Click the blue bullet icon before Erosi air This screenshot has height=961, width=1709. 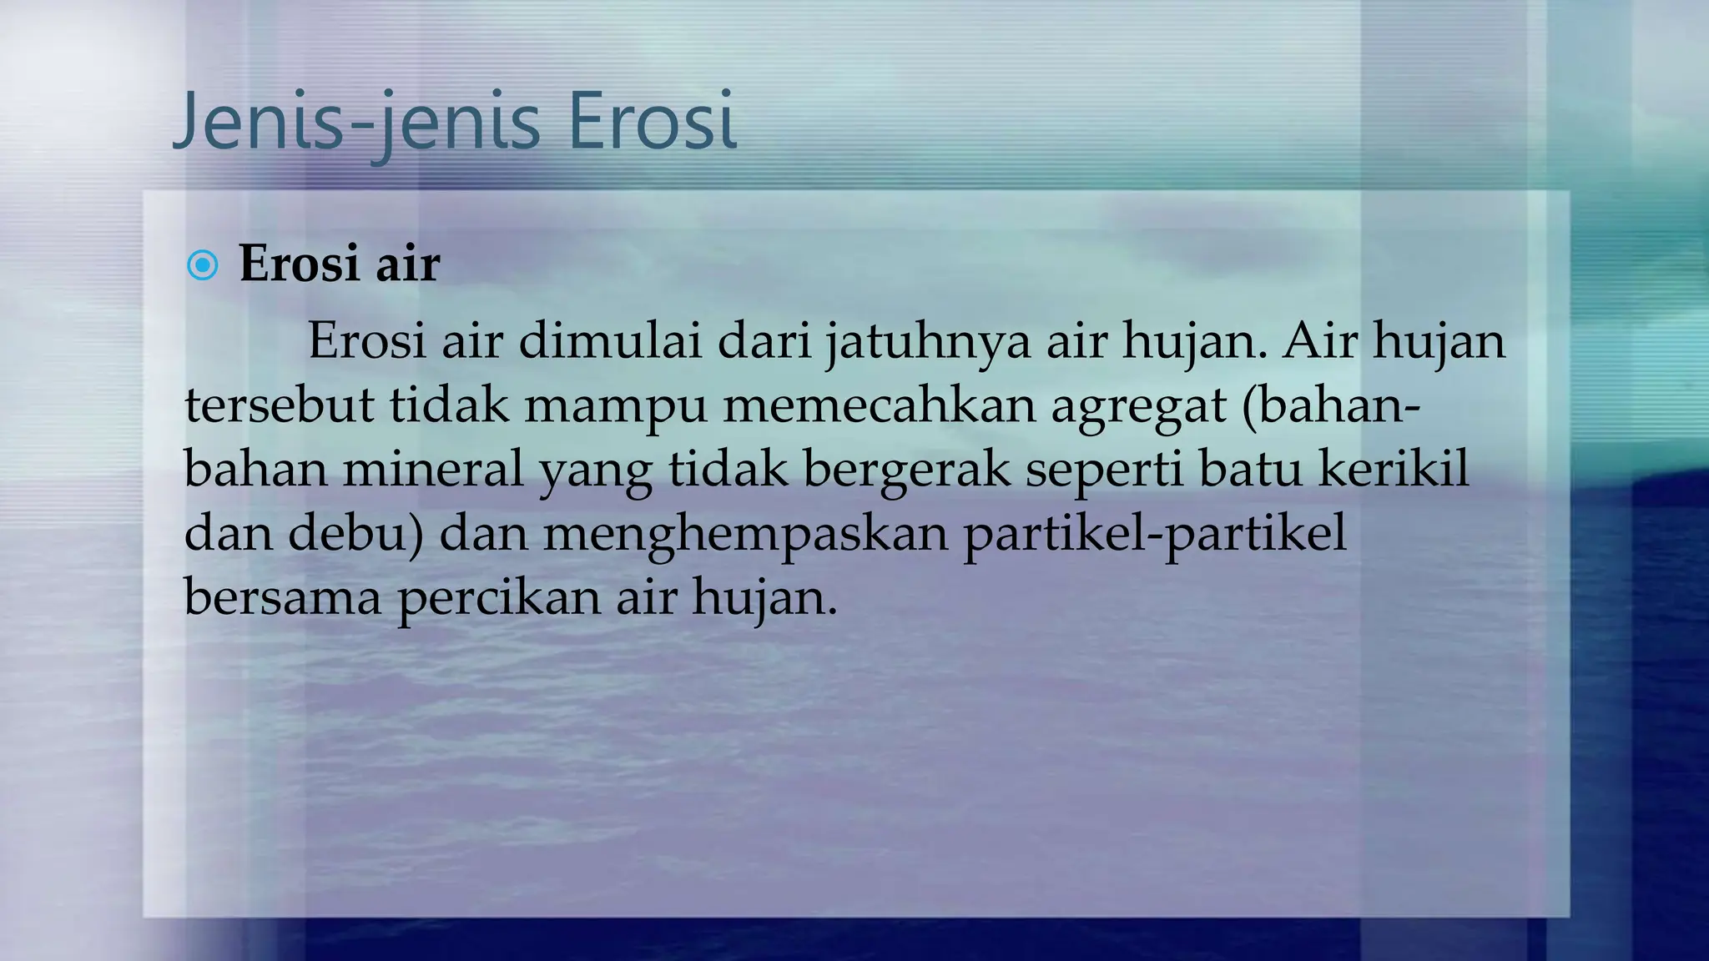pos(203,266)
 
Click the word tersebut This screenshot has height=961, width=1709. pos(279,405)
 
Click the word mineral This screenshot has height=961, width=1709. pos(433,470)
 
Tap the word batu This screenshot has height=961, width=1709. pos(1250,470)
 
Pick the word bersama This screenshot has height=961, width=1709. pos(282,598)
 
